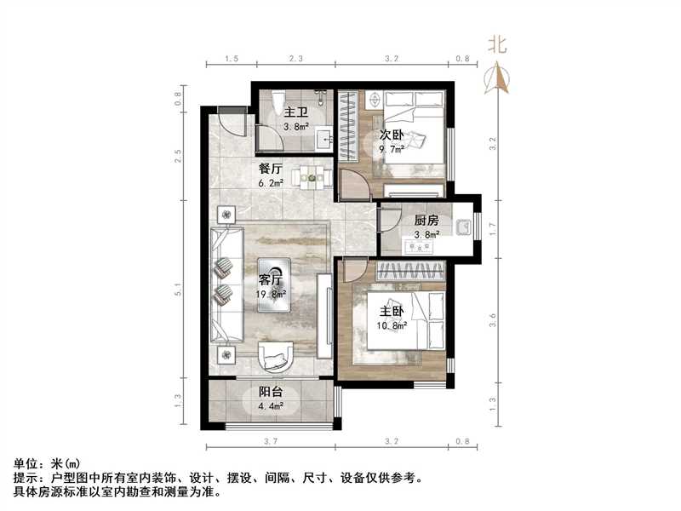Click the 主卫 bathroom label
click(x=295, y=112)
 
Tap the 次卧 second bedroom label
click(x=392, y=135)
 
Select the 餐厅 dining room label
click(x=271, y=168)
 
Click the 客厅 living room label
click(x=271, y=278)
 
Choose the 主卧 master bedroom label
click(x=392, y=311)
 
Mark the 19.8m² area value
click(x=271, y=294)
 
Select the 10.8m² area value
click(x=392, y=324)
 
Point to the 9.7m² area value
click(x=392, y=149)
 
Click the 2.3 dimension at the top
click(x=295, y=59)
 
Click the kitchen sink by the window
click(x=462, y=227)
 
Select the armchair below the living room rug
click(x=275, y=355)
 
